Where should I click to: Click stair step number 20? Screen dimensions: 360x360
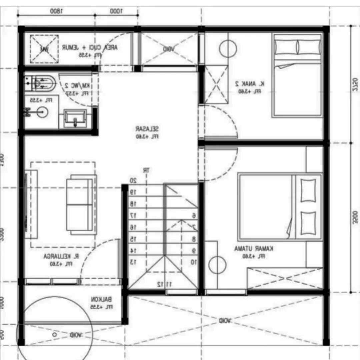tap(133, 180)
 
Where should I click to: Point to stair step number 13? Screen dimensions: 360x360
tap(133, 262)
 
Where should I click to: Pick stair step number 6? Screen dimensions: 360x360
tap(194, 216)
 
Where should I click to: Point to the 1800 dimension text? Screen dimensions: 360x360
tap(56, 11)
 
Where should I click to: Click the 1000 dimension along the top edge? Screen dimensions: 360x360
tap(116, 11)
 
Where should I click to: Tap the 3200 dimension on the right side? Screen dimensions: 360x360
tap(354, 217)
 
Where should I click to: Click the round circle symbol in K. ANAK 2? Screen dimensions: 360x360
tap(228, 49)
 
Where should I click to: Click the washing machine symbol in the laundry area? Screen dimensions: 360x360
tap(44, 49)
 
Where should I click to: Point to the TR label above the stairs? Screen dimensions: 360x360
tap(146, 170)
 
